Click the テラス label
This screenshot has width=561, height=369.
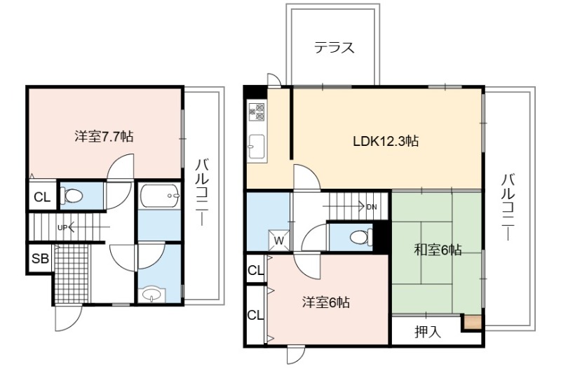(334, 48)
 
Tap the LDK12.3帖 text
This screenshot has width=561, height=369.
(386, 141)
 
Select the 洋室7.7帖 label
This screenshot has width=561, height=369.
(104, 136)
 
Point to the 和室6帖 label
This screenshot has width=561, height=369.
(438, 250)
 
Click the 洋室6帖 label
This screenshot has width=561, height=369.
(326, 302)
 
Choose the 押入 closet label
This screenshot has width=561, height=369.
(428, 332)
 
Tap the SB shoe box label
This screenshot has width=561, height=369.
(40, 258)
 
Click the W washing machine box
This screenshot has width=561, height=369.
(279, 240)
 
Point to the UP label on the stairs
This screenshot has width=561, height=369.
(62, 227)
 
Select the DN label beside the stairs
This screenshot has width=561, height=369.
(372, 207)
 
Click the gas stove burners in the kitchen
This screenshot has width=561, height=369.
(257, 112)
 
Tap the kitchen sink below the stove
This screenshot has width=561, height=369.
(257, 146)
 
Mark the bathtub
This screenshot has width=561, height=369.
(160, 196)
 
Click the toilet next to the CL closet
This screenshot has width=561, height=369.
(72, 196)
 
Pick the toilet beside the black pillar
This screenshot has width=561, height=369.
(360, 237)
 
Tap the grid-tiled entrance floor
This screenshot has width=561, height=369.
(72, 274)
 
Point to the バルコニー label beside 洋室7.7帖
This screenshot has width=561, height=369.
(201, 193)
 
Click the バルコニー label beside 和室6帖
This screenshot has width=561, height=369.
(508, 207)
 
